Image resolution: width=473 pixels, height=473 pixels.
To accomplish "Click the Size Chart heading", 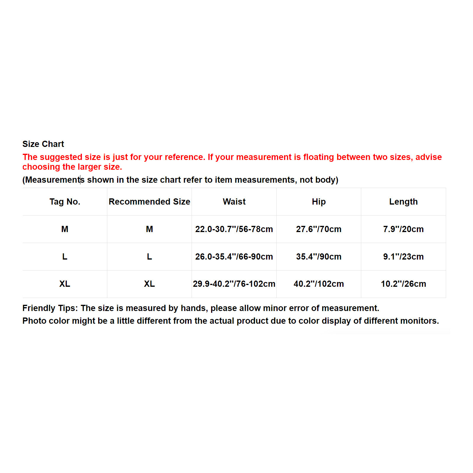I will (43, 144).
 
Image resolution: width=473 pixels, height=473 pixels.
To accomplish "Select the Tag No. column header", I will (65, 202).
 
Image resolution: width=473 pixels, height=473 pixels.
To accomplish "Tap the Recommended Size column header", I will (149, 202).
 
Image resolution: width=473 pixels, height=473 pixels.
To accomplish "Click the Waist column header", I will (234, 202).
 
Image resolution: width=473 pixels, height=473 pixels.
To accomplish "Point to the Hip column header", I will (319, 202).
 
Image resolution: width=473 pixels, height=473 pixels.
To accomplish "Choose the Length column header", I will (403, 202).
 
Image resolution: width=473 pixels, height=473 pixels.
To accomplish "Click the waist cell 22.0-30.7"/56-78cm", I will (234, 229).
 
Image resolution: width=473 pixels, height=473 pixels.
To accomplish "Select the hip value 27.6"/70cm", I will (319, 229).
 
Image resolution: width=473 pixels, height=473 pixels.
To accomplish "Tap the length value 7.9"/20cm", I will (403, 229).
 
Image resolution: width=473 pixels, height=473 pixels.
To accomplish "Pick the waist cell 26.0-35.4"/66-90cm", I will (234, 257).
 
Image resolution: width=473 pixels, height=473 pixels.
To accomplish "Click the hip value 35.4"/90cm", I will (319, 257).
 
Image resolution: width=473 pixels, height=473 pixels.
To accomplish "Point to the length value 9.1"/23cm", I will (403, 257).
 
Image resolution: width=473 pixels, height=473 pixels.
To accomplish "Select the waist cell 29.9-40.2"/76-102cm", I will (234, 284).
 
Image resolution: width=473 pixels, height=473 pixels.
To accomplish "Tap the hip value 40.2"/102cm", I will (319, 284).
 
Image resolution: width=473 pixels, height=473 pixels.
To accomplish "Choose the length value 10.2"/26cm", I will (403, 284).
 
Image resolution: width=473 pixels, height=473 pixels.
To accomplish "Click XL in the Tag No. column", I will (65, 284).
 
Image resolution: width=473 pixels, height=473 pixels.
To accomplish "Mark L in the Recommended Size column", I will (149, 257).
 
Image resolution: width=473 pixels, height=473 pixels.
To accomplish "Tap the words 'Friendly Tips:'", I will (50, 308).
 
